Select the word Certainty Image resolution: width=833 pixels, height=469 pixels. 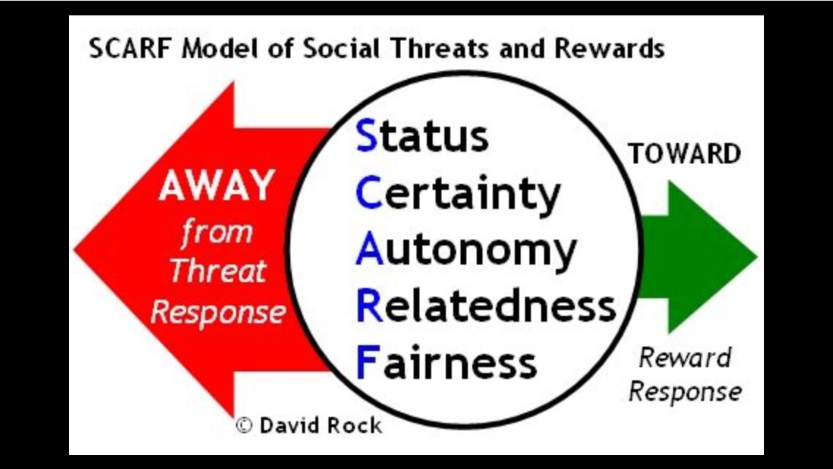click(458, 194)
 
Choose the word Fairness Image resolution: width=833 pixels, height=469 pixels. click(447, 362)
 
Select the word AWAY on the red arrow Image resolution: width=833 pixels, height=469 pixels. click(216, 187)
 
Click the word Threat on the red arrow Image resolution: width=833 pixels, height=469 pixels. click(217, 271)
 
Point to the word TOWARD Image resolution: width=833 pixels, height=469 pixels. click(684, 154)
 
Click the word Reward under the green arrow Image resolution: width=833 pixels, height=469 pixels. click(685, 358)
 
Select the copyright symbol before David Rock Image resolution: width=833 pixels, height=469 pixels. click(243, 425)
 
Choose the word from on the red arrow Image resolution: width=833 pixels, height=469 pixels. click(216, 233)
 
